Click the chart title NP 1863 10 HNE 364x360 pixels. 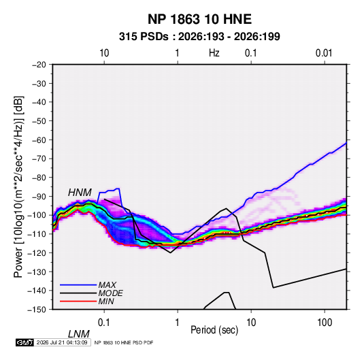[x=199, y=19]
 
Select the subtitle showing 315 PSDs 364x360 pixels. [x=199, y=37]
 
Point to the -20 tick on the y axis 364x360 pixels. [x=39, y=65]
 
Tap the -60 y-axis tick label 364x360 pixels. [x=39, y=140]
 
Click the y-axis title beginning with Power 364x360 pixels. [x=18, y=186]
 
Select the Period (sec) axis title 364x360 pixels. [x=214, y=330]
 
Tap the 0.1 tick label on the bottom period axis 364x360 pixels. [x=103, y=323]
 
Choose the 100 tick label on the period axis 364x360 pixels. [x=325, y=323]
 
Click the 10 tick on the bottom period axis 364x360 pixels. [x=251, y=323]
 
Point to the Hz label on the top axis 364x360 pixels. [x=214, y=53]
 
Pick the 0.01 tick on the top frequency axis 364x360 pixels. [x=324, y=53]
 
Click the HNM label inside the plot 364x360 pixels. [x=80, y=193]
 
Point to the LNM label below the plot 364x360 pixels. [x=79, y=334]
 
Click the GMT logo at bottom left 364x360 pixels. [x=25, y=342]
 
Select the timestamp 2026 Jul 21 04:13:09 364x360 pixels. [x=62, y=342]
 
